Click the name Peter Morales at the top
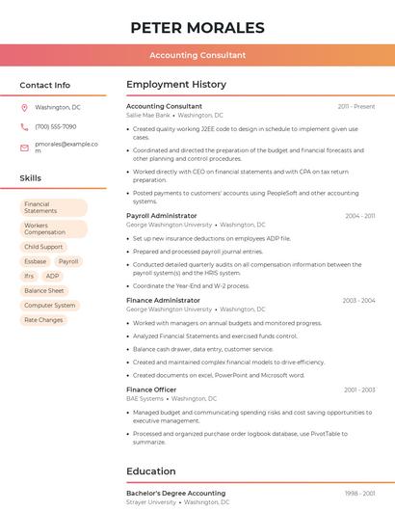click(x=197, y=27)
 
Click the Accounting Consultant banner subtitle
click(x=197, y=55)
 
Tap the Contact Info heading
click(x=45, y=85)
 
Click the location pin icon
click(x=24, y=107)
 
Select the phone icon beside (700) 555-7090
click(x=24, y=126)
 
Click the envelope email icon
click(x=24, y=148)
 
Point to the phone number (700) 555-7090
click(x=55, y=126)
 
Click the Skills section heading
click(x=31, y=178)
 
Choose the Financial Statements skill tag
click(x=54, y=207)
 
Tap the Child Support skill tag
click(x=44, y=247)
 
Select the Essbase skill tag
click(x=35, y=261)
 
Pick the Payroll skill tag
click(x=68, y=261)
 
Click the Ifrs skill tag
click(x=29, y=276)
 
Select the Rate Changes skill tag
click(x=43, y=319)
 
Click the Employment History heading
click(x=176, y=85)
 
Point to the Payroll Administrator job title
click(x=162, y=216)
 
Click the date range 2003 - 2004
click(x=358, y=301)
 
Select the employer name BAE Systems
click(x=145, y=398)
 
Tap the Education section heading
click(x=150, y=471)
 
